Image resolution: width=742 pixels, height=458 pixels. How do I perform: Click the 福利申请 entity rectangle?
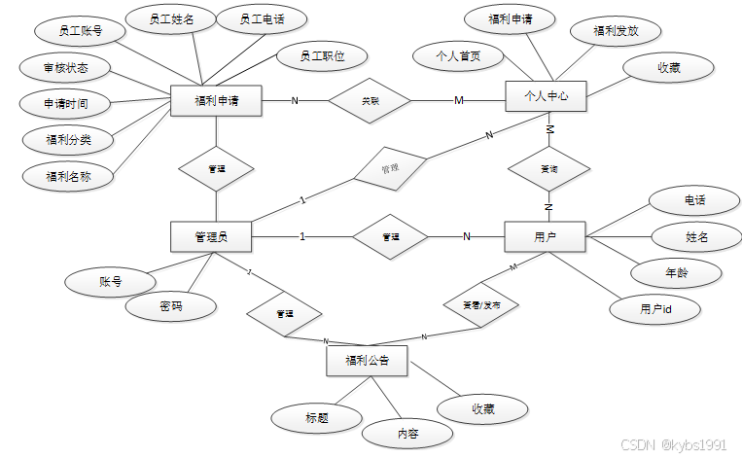217,100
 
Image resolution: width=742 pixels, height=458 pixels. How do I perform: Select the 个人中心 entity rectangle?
546,96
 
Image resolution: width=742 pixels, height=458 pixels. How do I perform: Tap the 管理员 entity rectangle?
211,236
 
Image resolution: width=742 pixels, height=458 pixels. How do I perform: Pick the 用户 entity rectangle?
545,236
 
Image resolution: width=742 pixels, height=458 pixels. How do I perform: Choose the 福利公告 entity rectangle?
367,361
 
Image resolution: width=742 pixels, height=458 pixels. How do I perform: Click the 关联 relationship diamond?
371,100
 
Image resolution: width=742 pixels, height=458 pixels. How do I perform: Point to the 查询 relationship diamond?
548,168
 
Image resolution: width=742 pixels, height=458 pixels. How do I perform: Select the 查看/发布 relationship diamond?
481,304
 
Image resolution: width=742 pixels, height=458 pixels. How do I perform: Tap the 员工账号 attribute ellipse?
81,31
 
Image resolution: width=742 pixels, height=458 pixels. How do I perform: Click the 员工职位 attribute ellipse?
310,56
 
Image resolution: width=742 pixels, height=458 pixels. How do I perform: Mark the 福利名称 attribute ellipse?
67,176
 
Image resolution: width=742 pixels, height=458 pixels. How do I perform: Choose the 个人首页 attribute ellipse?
458,55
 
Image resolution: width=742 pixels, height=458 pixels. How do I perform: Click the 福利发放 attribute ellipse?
616,31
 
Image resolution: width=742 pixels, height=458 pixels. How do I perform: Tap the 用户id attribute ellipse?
655,308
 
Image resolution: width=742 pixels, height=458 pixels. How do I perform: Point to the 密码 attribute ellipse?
171,306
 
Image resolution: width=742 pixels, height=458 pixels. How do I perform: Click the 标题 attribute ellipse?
316,418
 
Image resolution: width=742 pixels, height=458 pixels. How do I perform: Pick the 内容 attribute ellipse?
407,434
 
